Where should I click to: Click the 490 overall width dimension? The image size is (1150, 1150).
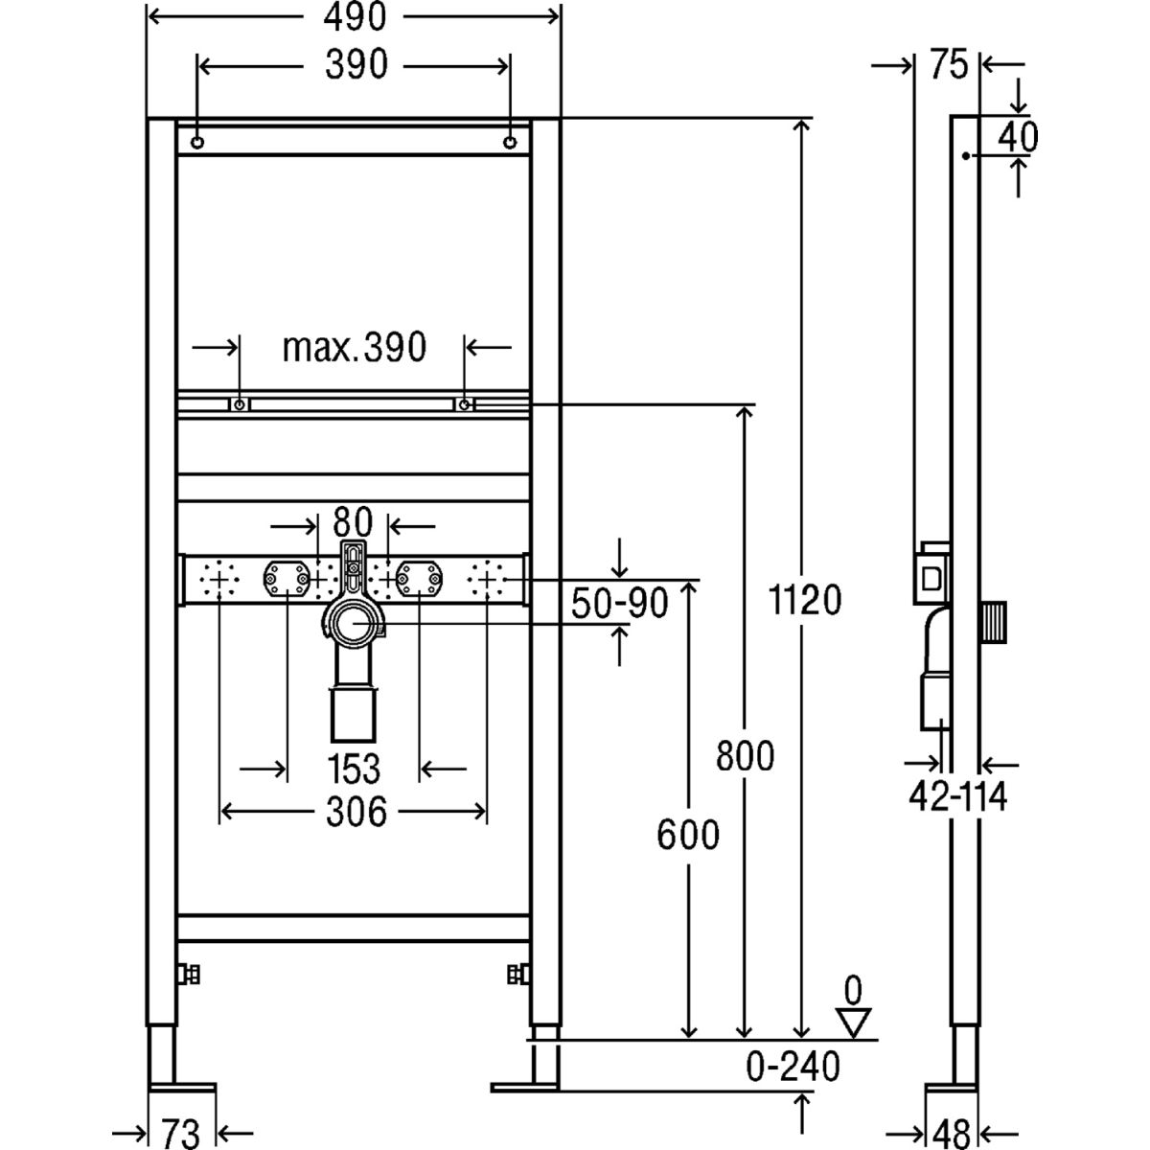(353, 17)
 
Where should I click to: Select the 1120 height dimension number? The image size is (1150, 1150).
(805, 601)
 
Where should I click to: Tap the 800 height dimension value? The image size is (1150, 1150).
(745, 757)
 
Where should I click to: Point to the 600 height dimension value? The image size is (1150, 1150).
(687, 835)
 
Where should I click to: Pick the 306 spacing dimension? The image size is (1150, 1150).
(353, 813)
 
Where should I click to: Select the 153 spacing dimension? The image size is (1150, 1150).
(353, 769)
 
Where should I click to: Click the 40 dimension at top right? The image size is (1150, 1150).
(1017, 137)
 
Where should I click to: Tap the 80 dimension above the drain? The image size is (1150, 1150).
(352, 523)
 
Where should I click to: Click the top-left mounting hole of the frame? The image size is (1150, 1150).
(196, 143)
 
